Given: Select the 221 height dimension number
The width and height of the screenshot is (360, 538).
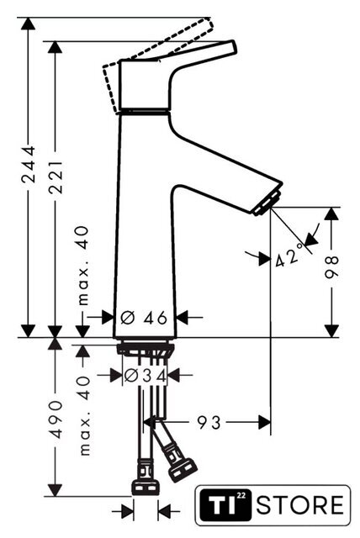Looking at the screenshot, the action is [56, 177].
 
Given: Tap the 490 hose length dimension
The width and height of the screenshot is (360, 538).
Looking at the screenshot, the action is [56, 419].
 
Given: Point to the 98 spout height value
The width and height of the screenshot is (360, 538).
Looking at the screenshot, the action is [331, 266].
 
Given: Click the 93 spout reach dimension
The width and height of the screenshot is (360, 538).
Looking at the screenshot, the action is [209, 422].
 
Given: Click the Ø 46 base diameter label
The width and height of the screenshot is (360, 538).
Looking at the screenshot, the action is [144, 318].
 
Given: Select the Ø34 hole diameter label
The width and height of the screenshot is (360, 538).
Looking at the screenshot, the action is [145, 376].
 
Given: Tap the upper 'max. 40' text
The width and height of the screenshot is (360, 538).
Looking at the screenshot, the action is [82, 266].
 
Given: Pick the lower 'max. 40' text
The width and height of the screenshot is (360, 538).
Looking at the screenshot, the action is [84, 415].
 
